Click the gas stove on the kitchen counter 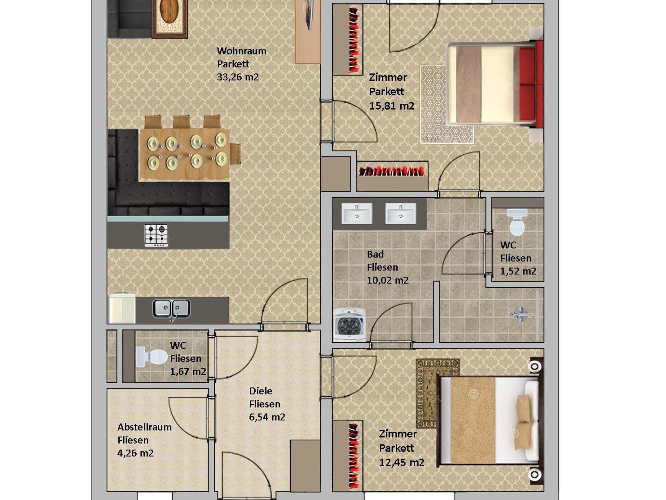156,235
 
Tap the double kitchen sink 171,309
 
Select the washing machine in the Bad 349,325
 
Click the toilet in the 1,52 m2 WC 517,222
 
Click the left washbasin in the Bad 357,214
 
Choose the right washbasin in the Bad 401,214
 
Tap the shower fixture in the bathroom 521,314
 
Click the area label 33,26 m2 238,77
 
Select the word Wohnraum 242,51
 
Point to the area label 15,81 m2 392,106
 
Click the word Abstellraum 144,427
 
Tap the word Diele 260,391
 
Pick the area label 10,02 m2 388,280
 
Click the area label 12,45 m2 402,462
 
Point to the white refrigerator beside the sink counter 122,309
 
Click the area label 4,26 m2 135,453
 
